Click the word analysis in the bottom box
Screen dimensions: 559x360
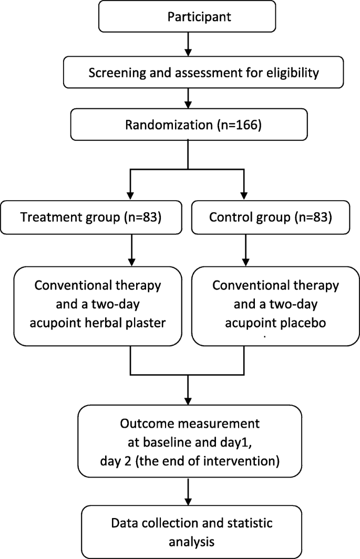point(188,540)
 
